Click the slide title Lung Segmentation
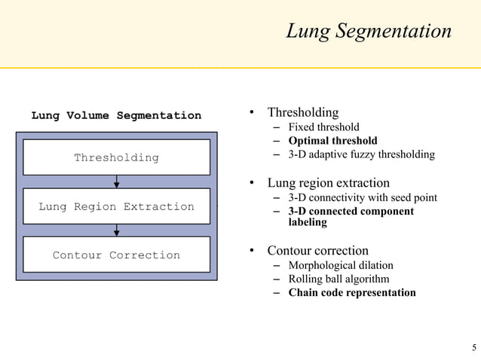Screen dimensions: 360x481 tap(368, 31)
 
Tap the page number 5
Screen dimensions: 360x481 tap(473, 347)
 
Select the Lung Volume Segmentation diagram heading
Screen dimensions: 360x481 tap(116, 115)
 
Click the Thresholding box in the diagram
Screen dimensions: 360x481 tap(116, 157)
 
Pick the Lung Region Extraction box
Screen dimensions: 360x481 tap(116, 206)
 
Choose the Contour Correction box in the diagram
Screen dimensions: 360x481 tap(116, 255)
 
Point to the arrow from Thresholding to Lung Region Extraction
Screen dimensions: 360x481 tap(116, 182)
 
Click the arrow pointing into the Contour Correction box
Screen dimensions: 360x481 tap(116, 230)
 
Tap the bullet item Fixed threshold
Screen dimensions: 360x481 tap(323, 127)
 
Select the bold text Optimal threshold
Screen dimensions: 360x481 tap(332, 141)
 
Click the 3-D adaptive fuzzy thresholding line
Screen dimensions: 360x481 tap(361, 154)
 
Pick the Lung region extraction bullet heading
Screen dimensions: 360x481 tap(328, 183)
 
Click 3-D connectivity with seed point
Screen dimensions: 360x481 tap(363, 198)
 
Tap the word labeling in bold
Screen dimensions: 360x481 tap(308, 223)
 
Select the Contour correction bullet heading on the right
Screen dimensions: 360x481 tap(317, 250)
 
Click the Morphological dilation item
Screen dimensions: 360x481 tap(340, 265)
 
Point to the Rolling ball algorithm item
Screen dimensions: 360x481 tap(339, 279)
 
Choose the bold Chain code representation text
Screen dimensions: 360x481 tap(352, 292)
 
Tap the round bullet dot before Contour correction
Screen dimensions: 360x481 tap(254, 251)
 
